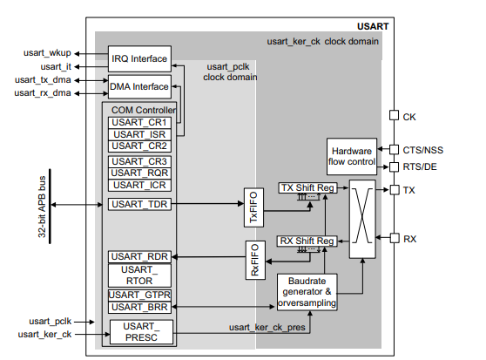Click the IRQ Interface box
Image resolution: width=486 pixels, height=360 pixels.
[139, 59]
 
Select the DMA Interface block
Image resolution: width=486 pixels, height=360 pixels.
[139, 86]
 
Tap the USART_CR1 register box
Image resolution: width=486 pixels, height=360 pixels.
[139, 123]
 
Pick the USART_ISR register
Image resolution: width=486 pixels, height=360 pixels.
[139, 134]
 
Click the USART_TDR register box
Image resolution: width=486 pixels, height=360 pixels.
[139, 204]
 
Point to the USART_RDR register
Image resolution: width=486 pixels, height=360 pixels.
[139, 257]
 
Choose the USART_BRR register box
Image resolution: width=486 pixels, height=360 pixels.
[139, 308]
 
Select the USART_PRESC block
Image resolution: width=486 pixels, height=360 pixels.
[141, 332]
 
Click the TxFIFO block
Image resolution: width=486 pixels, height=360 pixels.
[253, 207]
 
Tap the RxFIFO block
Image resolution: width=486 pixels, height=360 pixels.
[255, 260]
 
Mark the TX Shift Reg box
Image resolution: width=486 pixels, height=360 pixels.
[307, 188]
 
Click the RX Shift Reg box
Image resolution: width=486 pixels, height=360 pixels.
[307, 241]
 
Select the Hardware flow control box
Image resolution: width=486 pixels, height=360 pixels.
[352, 157]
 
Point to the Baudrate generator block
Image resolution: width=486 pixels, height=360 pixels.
[307, 292]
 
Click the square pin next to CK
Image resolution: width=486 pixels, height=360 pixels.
[394, 115]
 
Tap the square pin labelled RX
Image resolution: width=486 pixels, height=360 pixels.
[395, 238]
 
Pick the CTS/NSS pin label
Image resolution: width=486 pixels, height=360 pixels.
[422, 151]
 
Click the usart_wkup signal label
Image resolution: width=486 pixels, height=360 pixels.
[47, 53]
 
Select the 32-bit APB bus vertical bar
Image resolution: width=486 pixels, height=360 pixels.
[50, 207]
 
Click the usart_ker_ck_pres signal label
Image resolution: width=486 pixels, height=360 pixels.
[267, 328]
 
